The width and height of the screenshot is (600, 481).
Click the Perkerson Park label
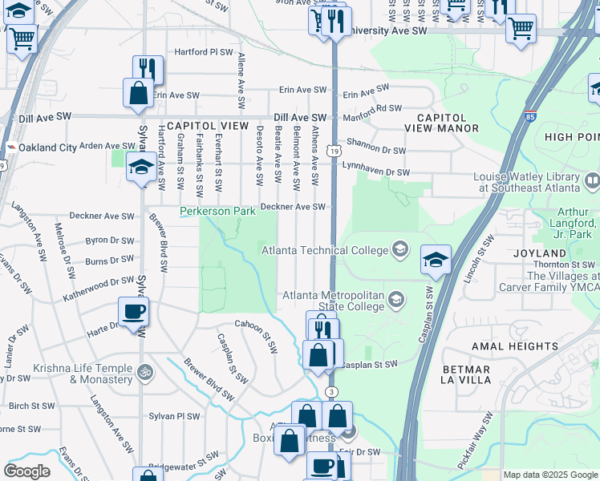coord(217,212)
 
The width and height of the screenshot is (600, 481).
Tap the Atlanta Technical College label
coord(325,250)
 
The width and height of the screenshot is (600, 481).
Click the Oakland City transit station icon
coord(11,148)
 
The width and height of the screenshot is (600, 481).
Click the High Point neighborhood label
coord(571,137)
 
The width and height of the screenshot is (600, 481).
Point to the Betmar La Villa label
coord(465,375)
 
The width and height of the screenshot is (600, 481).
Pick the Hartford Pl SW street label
coord(193,52)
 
